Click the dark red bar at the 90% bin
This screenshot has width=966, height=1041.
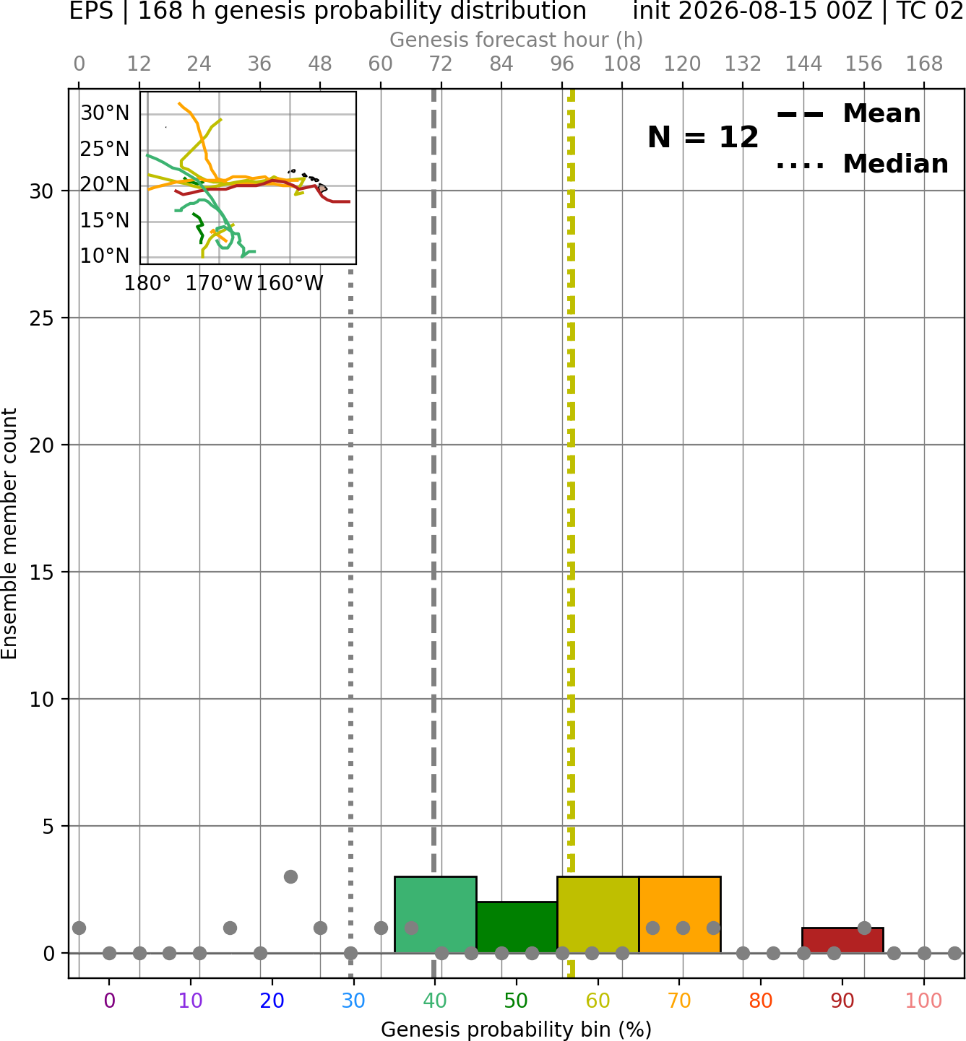pyautogui.click(x=842, y=940)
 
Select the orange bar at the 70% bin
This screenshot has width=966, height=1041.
pyautogui.click(x=679, y=914)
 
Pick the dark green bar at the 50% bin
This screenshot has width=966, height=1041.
pyautogui.click(x=517, y=927)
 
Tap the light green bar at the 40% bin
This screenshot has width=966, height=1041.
pyautogui.click(x=436, y=914)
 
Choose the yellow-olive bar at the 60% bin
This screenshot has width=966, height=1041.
pyautogui.click(x=598, y=914)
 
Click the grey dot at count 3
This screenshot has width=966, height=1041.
pyautogui.click(x=290, y=876)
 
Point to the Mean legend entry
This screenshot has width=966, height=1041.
pyautogui.click(x=848, y=114)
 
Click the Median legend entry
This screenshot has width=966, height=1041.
pyautogui.click(x=862, y=164)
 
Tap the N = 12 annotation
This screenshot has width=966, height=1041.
pyautogui.click(x=702, y=137)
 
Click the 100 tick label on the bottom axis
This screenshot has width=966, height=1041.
pyautogui.click(x=924, y=1001)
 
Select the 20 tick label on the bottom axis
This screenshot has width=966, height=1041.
pyautogui.click(x=272, y=1001)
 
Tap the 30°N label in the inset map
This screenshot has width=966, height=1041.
pyautogui.click(x=105, y=113)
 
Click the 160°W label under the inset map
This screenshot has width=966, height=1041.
pyautogui.click(x=290, y=284)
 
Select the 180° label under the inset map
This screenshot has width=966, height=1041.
pyautogui.click(x=147, y=284)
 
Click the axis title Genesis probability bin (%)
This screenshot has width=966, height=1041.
pyautogui.click(x=517, y=1029)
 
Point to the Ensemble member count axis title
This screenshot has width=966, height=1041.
pyautogui.click(x=9, y=533)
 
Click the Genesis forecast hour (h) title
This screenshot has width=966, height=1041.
pyautogui.click(x=517, y=40)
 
